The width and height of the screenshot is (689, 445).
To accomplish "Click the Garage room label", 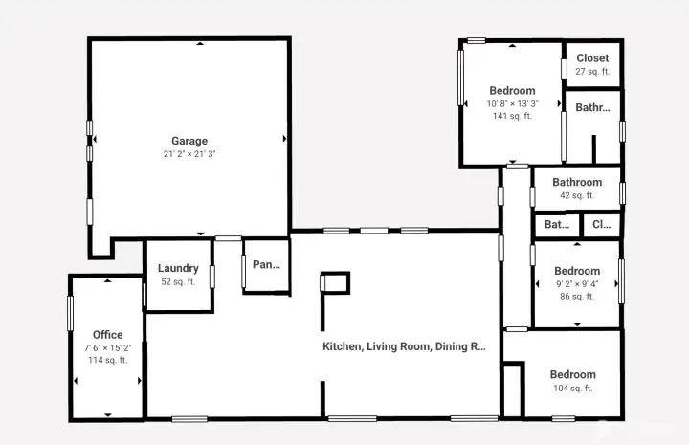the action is (x=189, y=141).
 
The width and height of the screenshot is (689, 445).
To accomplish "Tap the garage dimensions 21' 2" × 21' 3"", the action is (x=189, y=154).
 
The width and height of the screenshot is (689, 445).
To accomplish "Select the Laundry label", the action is (x=178, y=268).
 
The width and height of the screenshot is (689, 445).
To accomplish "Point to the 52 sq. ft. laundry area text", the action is (x=178, y=281).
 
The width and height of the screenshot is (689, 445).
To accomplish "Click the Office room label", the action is (x=107, y=335).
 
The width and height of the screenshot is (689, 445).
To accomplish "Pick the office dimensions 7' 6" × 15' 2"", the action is (x=107, y=348).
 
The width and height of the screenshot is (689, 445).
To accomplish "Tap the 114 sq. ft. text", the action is (x=107, y=360).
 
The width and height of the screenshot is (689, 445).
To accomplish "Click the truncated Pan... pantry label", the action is (x=266, y=264).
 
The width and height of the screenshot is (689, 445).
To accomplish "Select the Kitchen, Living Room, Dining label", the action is (x=404, y=346).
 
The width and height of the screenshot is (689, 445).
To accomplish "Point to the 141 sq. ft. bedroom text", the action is (x=512, y=116).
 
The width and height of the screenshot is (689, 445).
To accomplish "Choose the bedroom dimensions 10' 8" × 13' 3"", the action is (x=512, y=104).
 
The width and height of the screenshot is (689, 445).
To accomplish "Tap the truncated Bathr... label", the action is (x=592, y=107).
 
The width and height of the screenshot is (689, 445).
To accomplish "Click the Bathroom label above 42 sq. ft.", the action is (x=577, y=182).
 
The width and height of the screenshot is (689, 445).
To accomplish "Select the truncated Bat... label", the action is (x=557, y=225).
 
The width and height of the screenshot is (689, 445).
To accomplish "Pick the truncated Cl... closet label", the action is (x=602, y=225).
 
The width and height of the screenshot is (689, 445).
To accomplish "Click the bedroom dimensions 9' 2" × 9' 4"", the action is (x=577, y=284).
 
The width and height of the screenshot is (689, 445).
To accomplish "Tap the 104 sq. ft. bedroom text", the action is (x=573, y=389).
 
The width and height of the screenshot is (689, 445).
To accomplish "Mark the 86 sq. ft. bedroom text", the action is (x=577, y=297).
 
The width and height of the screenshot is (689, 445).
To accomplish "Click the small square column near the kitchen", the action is (x=335, y=274).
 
